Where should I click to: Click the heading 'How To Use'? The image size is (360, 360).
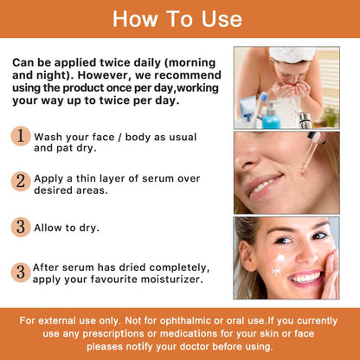point(179,18)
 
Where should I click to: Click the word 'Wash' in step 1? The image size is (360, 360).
point(50,135)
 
